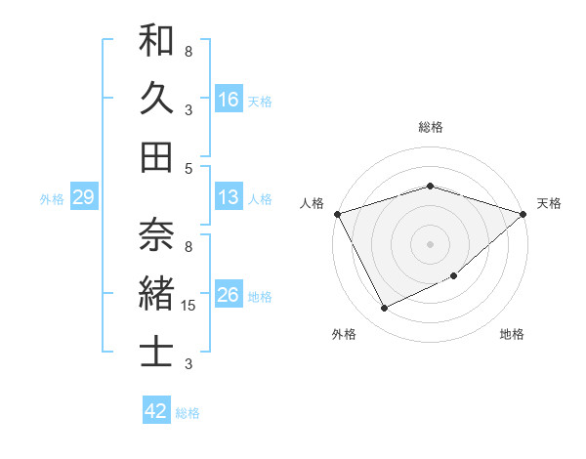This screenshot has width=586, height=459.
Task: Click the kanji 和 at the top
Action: point(156,43)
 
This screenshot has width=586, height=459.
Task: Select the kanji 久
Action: point(156,99)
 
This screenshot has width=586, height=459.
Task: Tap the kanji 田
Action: point(156,156)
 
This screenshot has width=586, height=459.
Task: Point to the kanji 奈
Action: point(156,234)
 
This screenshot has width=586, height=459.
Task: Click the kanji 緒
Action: point(156,294)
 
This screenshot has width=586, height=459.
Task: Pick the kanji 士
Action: point(156,351)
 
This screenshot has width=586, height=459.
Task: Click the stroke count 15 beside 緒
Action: point(189,306)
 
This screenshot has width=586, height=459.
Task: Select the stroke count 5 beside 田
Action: point(188,168)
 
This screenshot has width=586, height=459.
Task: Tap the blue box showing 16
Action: point(229,100)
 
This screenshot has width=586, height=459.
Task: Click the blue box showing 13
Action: point(229,198)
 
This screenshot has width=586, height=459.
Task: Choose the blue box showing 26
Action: point(229,296)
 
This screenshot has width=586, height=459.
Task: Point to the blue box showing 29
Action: point(83,198)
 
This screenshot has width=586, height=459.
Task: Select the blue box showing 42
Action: point(155,412)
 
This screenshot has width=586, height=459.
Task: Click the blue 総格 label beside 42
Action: point(188,413)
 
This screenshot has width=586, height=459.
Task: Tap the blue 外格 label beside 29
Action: point(52,199)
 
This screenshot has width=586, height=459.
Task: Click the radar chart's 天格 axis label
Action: point(549,203)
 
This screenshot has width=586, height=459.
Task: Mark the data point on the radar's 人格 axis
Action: point(337,213)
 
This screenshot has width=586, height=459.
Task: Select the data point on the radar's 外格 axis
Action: point(384,309)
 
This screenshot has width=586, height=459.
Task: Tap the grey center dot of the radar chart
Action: point(430,243)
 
